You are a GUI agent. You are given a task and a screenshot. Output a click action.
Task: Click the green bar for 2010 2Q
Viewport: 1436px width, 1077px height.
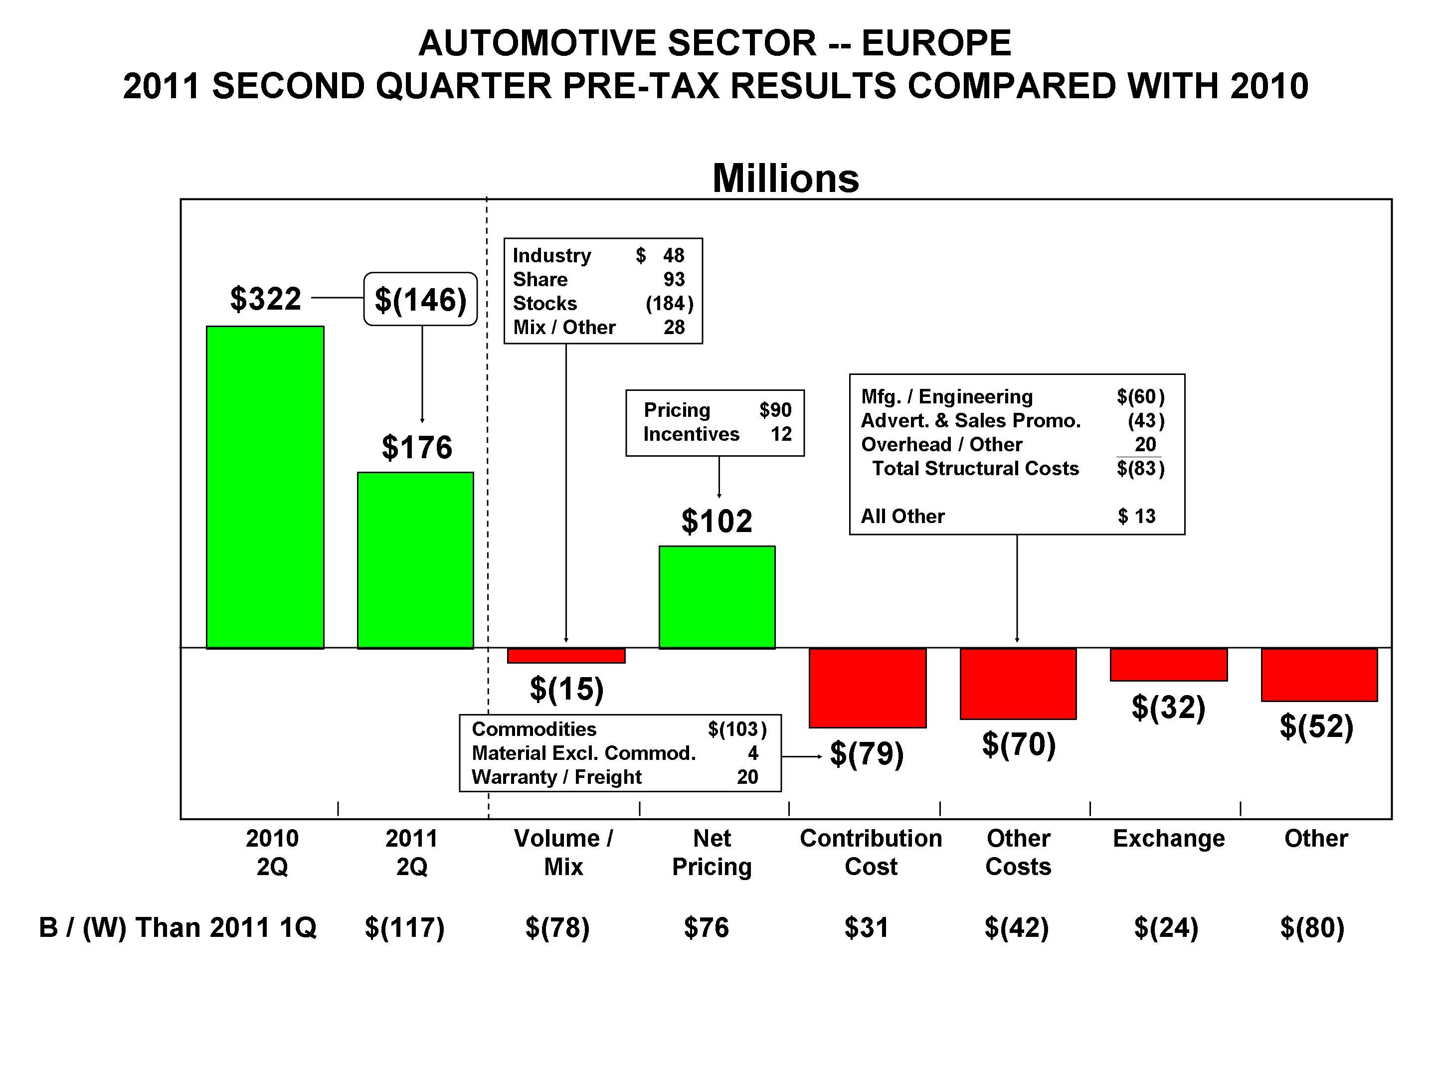coord(265,487)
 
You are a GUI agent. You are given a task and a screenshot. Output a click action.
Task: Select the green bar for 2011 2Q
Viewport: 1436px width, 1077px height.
coord(415,560)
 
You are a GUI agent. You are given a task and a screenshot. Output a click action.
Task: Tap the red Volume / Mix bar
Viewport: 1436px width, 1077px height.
coord(566,656)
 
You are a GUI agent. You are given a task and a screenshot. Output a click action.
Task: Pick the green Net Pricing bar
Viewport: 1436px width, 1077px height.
coord(717,597)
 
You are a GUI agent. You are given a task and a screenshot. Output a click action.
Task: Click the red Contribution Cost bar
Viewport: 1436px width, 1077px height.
coord(867,688)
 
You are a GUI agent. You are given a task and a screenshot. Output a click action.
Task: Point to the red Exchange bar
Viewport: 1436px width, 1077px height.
coord(1169,665)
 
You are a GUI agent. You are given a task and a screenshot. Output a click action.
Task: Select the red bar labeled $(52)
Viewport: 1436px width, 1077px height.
coord(1319,675)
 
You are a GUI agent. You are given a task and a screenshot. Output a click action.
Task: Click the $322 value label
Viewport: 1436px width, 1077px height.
coord(266,299)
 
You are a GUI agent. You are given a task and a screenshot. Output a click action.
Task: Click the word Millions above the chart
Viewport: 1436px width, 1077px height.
coord(785,179)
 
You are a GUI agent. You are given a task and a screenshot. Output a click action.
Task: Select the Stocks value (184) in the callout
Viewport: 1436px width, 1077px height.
coord(669,303)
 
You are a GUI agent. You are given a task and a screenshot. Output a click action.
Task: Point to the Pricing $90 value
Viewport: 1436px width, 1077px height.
coord(775,410)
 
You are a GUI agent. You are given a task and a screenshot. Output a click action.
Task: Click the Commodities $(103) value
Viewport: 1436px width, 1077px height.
coord(737,729)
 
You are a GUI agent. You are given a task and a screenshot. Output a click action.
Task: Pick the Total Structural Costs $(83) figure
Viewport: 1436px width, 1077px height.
coord(1140,468)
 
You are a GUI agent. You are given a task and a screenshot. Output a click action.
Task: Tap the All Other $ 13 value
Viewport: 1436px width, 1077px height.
coord(1136,516)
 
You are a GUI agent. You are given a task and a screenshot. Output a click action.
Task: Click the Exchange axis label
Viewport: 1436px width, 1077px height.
coord(1169,838)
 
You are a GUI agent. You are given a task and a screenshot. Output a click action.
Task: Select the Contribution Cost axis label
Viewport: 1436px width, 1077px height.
coord(871,852)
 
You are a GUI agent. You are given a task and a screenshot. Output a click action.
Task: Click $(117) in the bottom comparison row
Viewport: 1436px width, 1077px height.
coord(404,927)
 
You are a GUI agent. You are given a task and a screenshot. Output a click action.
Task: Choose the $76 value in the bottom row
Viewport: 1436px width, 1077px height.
coord(707,927)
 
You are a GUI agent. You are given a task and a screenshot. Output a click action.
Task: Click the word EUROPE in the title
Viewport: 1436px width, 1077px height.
coord(936,43)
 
